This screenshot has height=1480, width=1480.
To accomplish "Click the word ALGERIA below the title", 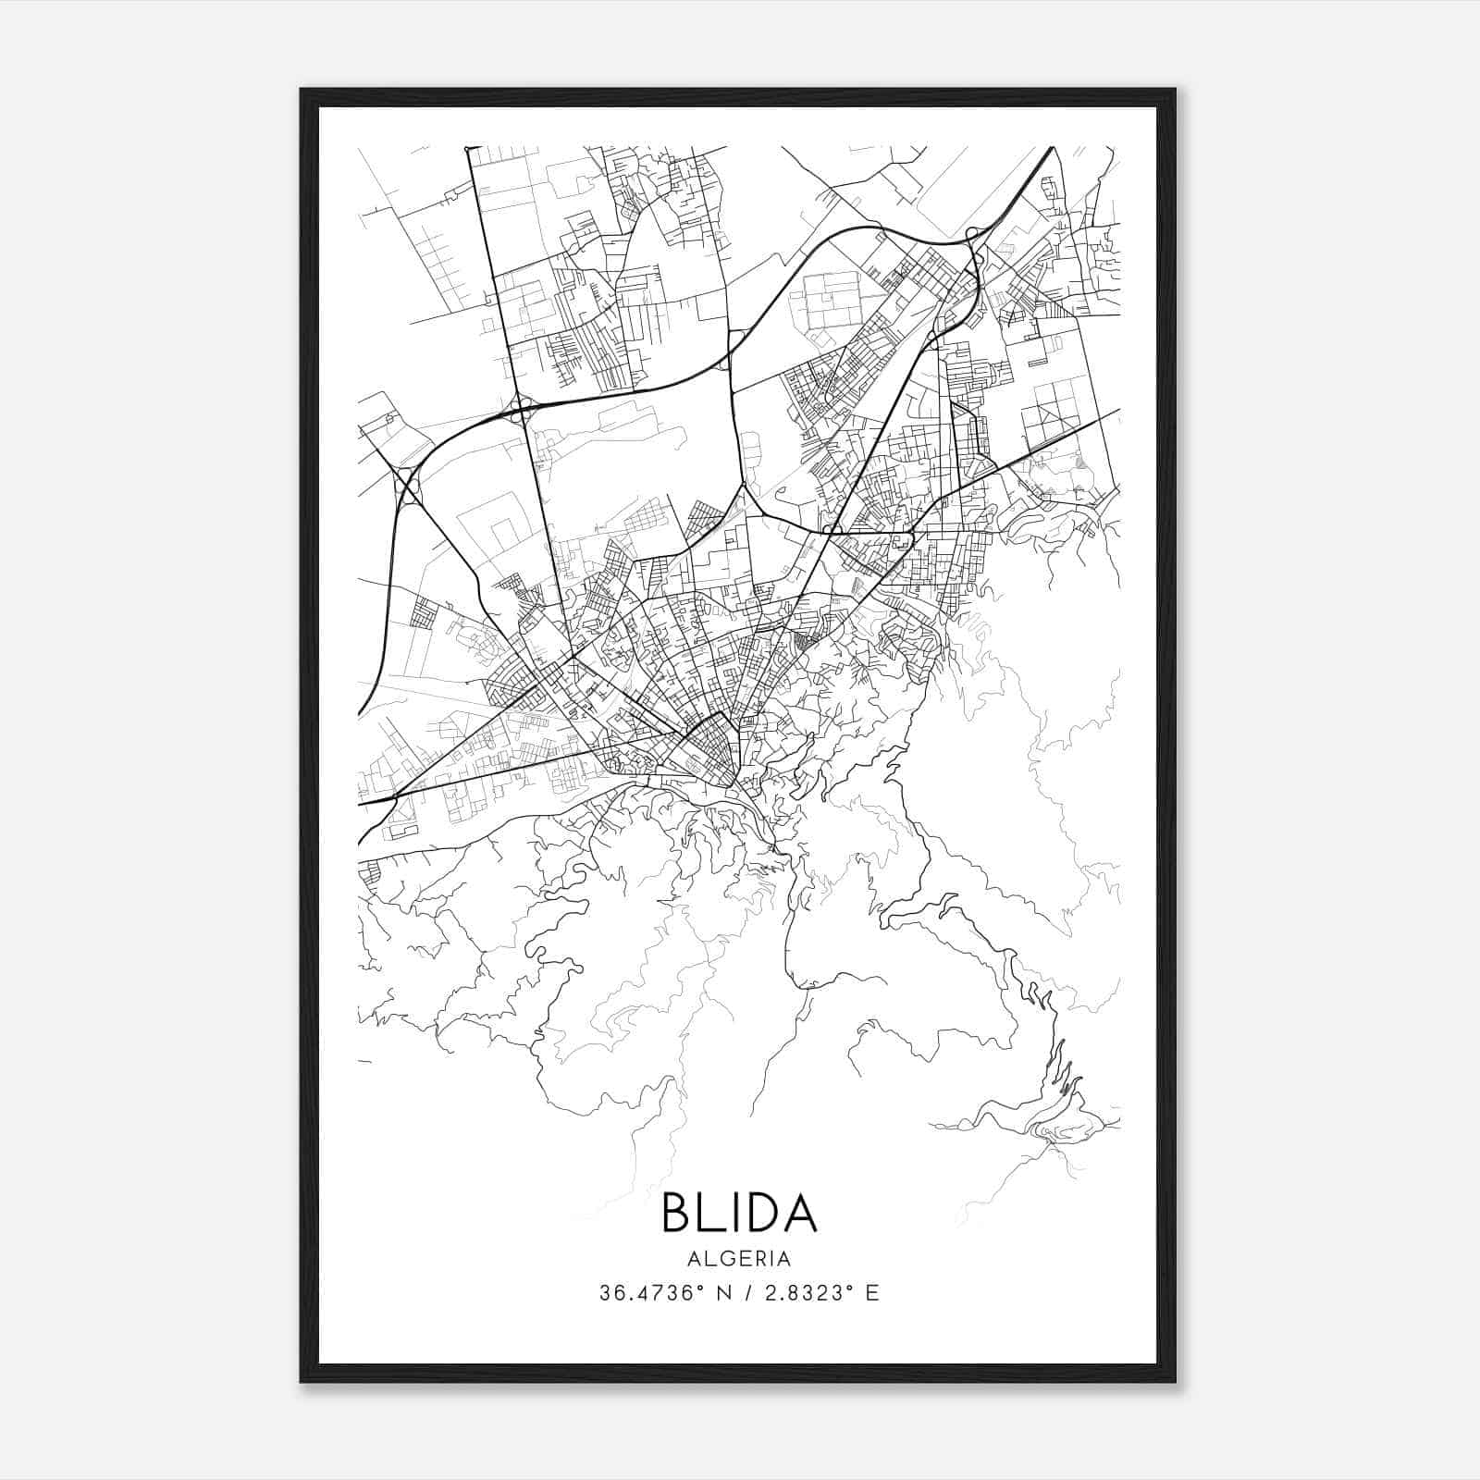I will point(739,1259).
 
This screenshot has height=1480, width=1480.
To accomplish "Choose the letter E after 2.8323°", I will point(871,1293).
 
